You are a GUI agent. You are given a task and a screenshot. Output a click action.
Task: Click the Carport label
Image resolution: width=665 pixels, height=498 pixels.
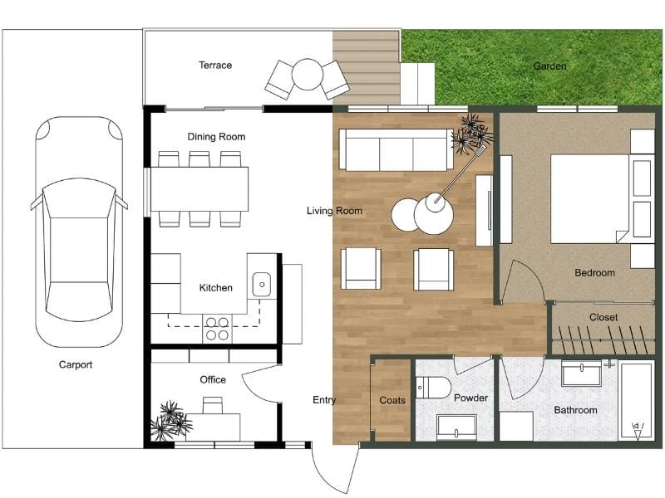pyautogui.click(x=76, y=364)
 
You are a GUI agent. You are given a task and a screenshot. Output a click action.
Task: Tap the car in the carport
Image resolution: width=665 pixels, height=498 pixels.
pyautogui.click(x=79, y=232)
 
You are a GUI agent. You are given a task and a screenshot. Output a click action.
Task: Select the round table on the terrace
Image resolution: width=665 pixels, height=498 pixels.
pyautogui.click(x=308, y=74)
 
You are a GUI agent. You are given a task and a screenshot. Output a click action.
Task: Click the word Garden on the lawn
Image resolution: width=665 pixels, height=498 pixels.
pyautogui.click(x=549, y=66)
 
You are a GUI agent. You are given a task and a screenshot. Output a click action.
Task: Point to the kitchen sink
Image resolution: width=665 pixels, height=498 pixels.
pyautogui.click(x=262, y=285)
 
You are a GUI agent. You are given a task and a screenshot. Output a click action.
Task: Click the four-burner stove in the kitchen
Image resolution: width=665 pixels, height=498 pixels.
pyautogui.click(x=217, y=329)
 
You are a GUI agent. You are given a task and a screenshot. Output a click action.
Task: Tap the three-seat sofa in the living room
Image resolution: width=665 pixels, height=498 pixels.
pyautogui.click(x=397, y=150)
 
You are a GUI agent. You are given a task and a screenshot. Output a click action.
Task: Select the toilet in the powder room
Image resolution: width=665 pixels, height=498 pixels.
pyautogui.click(x=433, y=387)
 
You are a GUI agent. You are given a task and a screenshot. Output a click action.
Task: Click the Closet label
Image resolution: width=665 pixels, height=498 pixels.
pyautogui.click(x=603, y=317)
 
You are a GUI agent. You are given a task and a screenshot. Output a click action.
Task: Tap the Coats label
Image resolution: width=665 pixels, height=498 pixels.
pyautogui.click(x=392, y=400)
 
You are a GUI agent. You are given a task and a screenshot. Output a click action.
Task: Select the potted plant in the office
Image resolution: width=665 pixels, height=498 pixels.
pyautogui.click(x=170, y=420)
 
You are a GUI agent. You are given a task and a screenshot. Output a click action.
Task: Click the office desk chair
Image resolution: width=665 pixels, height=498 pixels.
pyautogui.click(x=213, y=405)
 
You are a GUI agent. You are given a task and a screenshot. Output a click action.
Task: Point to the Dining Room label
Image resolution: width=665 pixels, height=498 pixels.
pyautogui.click(x=216, y=137)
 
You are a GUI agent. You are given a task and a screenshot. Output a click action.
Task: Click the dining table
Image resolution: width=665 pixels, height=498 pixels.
pyautogui.click(x=199, y=189)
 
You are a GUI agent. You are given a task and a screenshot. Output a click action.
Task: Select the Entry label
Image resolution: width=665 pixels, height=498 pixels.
pyautogui.click(x=324, y=400)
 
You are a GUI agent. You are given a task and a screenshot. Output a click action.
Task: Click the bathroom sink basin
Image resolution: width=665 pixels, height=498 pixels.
pyautogui.click(x=581, y=373)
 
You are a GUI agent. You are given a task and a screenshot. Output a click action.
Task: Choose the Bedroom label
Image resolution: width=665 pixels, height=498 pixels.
pyautogui.click(x=594, y=273)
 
